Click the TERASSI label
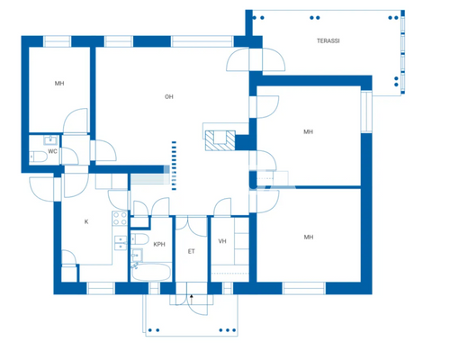[328, 41]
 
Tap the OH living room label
[168, 96]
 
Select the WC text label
[53, 151]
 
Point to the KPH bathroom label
[159, 244]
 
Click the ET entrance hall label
[191, 251]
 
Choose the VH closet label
[221, 240]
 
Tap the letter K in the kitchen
[86, 220]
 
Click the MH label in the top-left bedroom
[58, 83]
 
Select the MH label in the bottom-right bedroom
[308, 237]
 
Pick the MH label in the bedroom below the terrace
[308, 131]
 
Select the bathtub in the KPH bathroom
[151, 269]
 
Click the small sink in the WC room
[50, 139]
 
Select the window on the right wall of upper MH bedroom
[366, 112]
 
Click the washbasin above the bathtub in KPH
[138, 256]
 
